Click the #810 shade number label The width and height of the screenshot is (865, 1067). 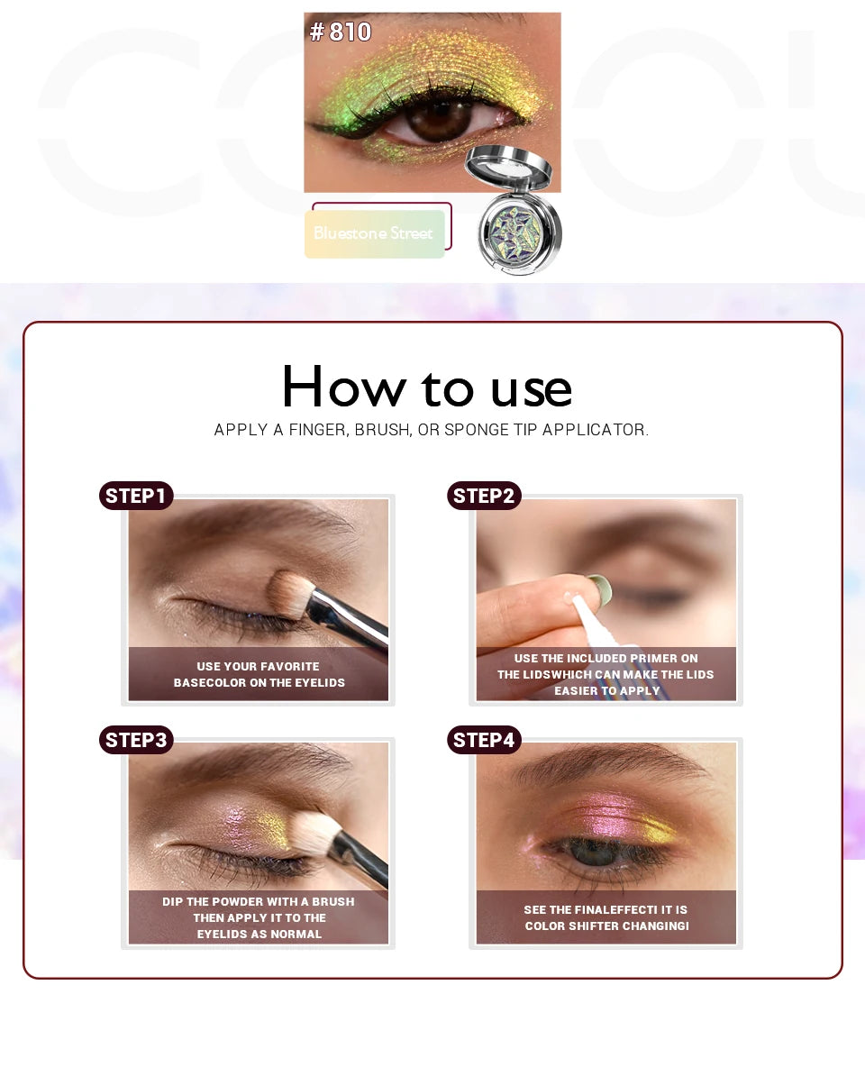[341, 32]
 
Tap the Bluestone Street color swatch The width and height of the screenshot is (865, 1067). [374, 233]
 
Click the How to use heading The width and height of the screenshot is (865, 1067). [426, 388]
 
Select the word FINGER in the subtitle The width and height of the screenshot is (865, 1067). [318, 431]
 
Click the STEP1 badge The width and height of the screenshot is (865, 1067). [136, 496]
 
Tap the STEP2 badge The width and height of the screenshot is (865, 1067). [484, 496]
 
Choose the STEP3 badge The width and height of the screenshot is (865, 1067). [136, 740]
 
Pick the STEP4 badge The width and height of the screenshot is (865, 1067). [484, 740]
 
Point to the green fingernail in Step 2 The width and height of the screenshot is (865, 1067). [599, 590]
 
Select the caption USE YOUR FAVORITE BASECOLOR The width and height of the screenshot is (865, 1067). [259, 674]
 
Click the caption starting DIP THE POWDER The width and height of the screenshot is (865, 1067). [259, 917]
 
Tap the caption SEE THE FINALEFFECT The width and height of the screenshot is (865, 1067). [606, 917]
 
